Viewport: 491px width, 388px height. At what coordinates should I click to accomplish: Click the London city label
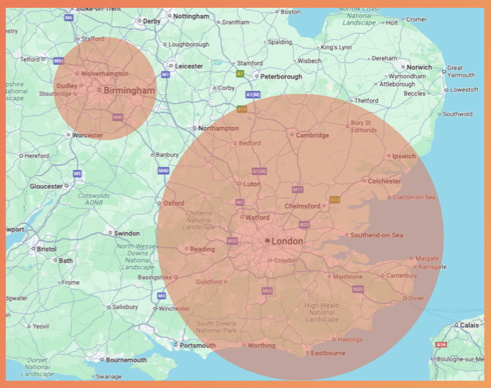coord(287,241)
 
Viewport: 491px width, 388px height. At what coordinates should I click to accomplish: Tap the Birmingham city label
coord(129,90)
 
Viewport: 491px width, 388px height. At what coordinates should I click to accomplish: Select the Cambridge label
coord(313,135)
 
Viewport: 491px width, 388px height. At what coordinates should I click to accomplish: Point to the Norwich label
coord(419,68)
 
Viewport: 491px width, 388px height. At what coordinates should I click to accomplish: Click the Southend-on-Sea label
coord(377,235)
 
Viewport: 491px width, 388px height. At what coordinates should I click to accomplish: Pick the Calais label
coord(469,325)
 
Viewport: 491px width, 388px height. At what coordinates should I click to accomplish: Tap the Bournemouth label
coord(126,360)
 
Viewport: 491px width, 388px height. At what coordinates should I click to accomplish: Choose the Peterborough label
coord(281,77)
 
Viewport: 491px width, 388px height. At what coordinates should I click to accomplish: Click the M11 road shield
coord(298,190)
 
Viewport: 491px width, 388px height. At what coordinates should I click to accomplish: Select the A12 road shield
coord(335,199)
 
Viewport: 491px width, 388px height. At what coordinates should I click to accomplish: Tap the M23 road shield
coord(267,291)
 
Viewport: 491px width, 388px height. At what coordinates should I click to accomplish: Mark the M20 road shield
coord(358,290)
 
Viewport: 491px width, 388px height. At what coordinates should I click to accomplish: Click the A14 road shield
coord(242,110)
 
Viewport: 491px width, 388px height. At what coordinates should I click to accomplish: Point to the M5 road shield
coord(77,174)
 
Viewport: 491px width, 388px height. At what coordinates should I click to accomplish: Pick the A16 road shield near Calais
coord(441,345)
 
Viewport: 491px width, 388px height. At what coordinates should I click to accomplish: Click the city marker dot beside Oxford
coord(160,203)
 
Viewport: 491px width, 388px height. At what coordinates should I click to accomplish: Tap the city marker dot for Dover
coord(405,298)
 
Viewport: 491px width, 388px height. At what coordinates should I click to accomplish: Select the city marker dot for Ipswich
coord(389,156)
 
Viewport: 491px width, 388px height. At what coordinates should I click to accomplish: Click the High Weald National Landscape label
coord(322,313)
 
